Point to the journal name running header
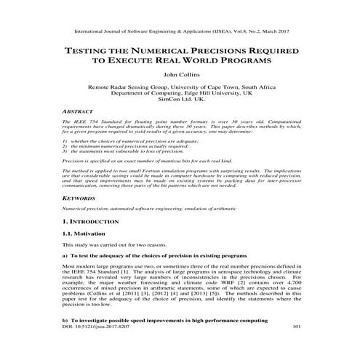180,32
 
